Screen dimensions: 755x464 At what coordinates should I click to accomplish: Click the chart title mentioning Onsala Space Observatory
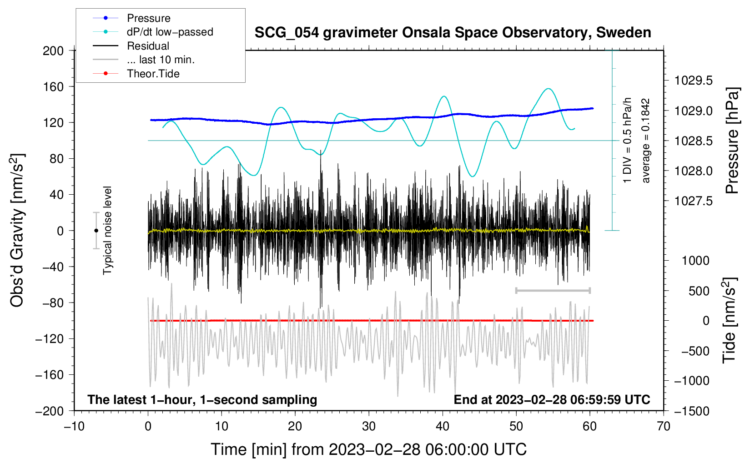(453, 33)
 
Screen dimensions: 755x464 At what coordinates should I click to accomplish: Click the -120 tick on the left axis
(50, 339)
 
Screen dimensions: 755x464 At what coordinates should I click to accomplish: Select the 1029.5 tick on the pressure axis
(693, 81)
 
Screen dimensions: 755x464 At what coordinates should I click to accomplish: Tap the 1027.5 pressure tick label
(693, 201)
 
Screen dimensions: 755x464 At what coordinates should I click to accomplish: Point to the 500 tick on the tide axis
(699, 291)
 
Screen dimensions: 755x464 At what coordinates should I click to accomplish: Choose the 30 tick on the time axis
(369, 427)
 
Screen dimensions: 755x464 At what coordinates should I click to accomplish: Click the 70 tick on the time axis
(663, 427)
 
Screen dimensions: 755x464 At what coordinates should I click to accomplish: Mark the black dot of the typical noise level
(96, 231)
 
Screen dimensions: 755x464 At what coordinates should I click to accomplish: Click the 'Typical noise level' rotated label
(107, 231)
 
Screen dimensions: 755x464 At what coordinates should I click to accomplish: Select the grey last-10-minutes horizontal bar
(553, 291)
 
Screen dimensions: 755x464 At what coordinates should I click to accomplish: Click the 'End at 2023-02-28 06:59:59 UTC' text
(552, 399)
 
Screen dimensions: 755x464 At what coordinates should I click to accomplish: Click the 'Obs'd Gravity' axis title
(17, 230)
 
